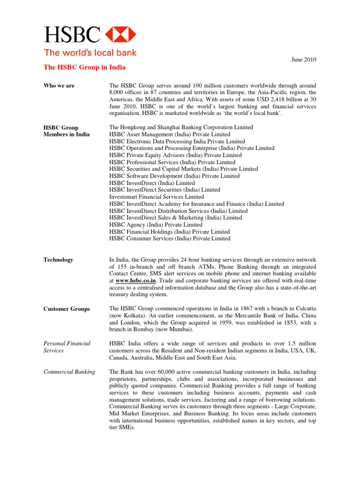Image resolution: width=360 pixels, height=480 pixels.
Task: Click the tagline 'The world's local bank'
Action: pos(90,53)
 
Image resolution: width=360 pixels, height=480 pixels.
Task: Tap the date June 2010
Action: pos(304,59)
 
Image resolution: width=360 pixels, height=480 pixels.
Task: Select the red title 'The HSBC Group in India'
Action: pos(84,67)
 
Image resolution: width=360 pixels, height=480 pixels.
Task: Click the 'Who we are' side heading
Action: pos(59,86)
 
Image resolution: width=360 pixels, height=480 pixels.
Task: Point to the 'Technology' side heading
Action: pos(58,260)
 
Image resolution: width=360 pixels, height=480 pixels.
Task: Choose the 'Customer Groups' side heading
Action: pos(67,309)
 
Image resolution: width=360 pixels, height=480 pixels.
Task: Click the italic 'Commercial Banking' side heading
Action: pos(69,372)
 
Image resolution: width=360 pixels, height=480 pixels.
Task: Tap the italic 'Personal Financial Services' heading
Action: pos(67,347)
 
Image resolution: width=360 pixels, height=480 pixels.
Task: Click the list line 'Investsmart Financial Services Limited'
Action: pos(157,197)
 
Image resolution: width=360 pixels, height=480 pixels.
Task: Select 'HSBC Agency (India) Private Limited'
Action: pos(156,225)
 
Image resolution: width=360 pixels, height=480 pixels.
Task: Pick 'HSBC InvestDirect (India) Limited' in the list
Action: pos(152,183)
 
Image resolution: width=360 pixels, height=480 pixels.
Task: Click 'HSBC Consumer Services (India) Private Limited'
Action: pos(170,238)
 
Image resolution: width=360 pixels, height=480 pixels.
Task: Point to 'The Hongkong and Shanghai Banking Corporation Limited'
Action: pos(181,127)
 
